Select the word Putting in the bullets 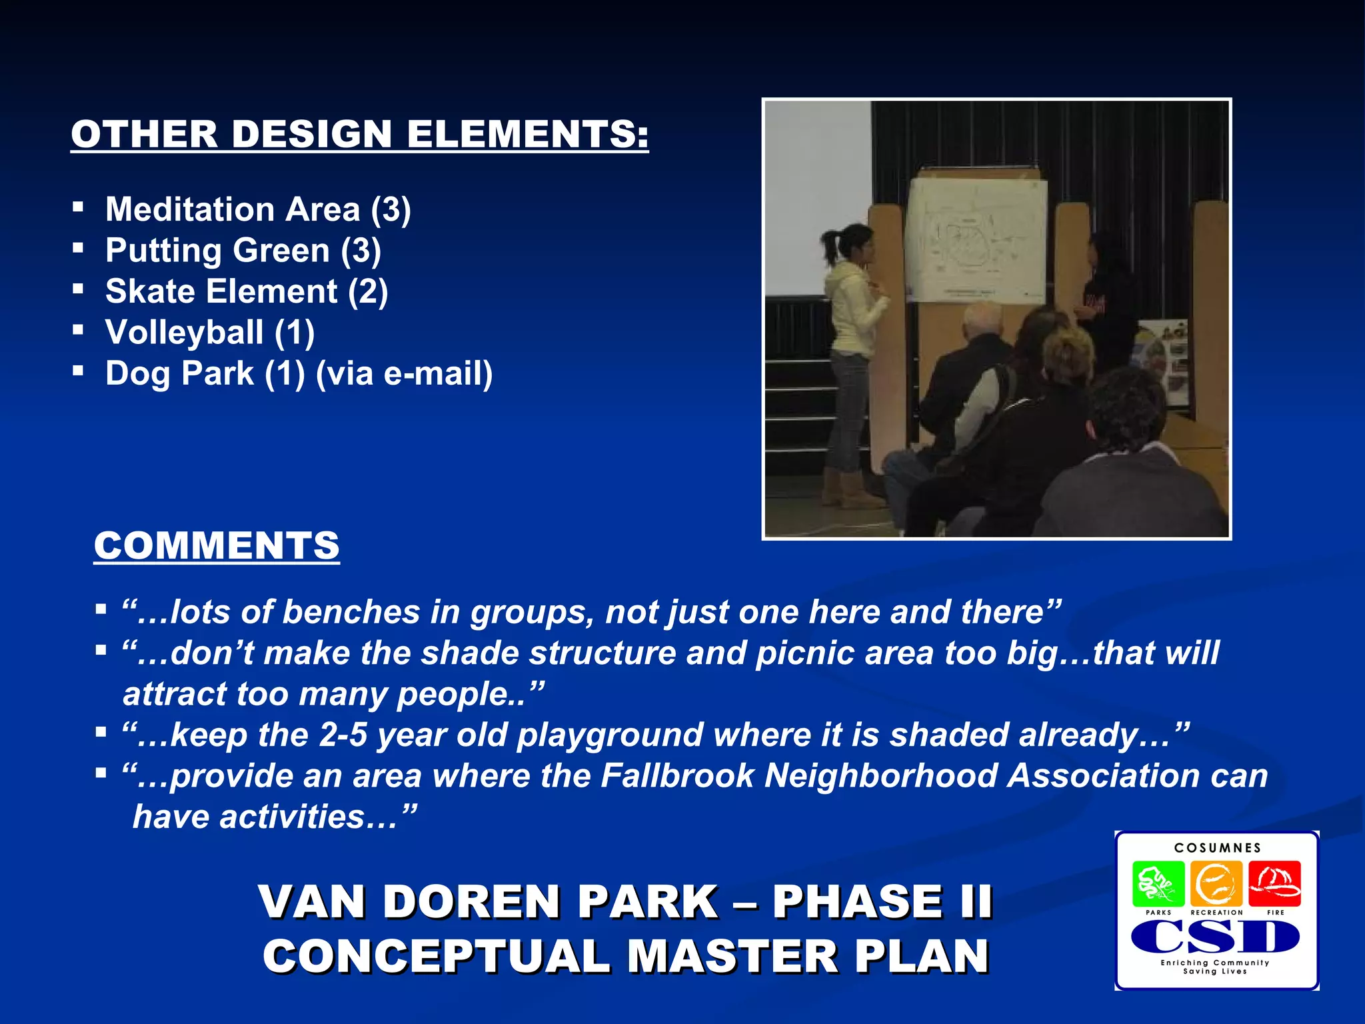163,251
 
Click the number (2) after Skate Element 367,291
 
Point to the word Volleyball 184,332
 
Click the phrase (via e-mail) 404,373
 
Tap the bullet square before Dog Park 79,370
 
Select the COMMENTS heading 217,546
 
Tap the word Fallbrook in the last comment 677,776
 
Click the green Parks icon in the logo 1158,884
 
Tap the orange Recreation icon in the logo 1216,884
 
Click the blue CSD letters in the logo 1215,937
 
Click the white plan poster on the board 975,240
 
